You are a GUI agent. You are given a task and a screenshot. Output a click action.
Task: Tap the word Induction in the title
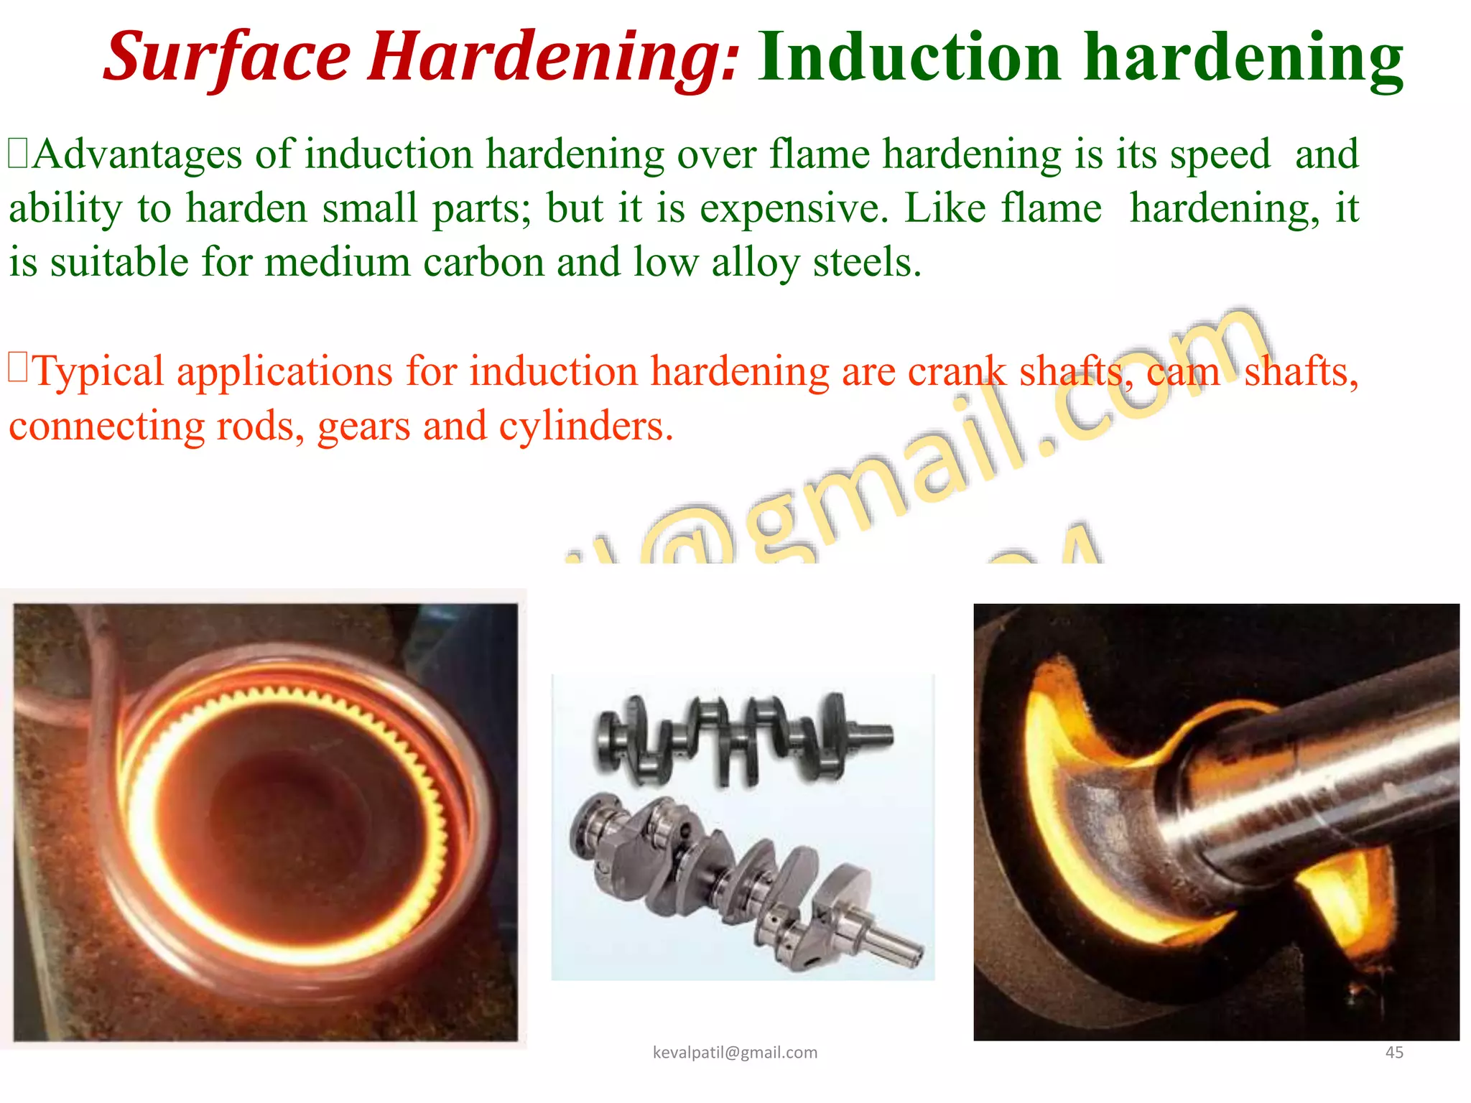(x=909, y=57)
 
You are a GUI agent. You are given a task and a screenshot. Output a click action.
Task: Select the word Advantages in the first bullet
(x=138, y=154)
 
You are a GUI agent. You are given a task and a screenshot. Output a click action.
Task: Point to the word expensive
(x=794, y=208)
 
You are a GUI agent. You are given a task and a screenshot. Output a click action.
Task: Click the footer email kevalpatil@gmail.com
(x=735, y=1053)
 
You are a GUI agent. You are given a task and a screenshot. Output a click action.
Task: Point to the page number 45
(x=1394, y=1053)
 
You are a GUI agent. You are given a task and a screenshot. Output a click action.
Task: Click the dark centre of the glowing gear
(x=287, y=819)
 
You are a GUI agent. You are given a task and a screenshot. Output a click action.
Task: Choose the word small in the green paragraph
(x=369, y=208)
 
